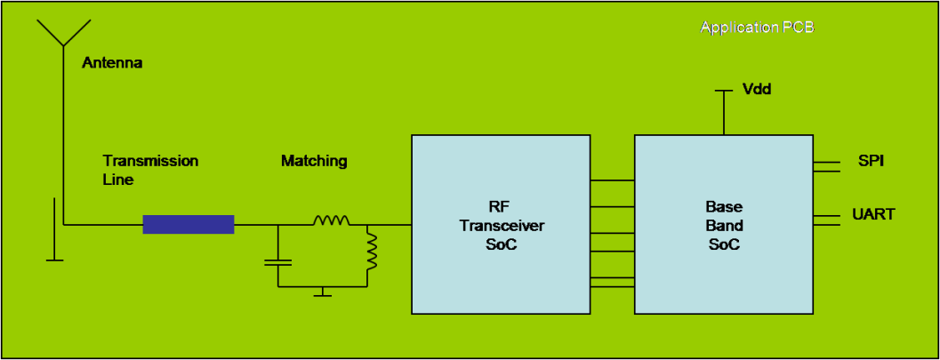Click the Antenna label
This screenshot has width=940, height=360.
[x=112, y=63]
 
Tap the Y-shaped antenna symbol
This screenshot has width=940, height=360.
[x=62, y=34]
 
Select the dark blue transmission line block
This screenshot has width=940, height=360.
[x=189, y=224]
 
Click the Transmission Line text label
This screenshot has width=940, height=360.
[x=150, y=170]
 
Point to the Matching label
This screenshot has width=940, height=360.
[x=314, y=161]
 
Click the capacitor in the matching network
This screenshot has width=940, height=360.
[x=278, y=263]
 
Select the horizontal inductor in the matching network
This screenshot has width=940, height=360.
[x=331, y=220]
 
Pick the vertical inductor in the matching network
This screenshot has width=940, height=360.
[x=371, y=251]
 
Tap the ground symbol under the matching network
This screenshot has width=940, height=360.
[x=323, y=292]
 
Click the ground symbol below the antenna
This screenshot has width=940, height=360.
[x=54, y=259]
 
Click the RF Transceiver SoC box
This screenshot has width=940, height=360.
[x=501, y=224]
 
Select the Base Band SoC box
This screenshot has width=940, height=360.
[x=723, y=224]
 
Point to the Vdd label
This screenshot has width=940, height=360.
[x=757, y=90]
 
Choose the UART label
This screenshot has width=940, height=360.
[x=874, y=214]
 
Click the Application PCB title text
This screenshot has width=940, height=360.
[x=757, y=28]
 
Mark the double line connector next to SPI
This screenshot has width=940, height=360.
[x=826, y=164]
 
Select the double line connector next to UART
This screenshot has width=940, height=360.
[x=826, y=220]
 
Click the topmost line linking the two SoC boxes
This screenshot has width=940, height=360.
[x=612, y=180]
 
